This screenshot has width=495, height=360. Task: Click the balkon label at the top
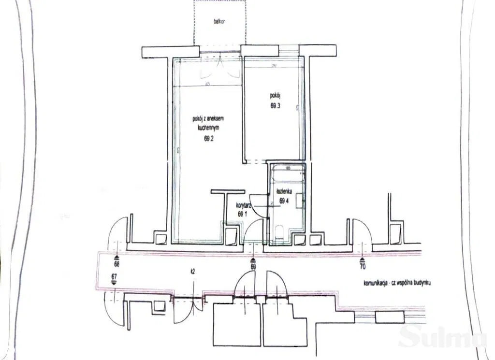[x=220, y=22]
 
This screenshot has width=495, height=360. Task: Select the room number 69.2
[x=209, y=138]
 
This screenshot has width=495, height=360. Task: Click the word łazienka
[x=284, y=191]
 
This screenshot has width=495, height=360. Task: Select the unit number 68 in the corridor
[x=116, y=264]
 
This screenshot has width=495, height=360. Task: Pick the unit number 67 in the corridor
[x=114, y=276]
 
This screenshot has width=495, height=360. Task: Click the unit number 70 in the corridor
[x=363, y=265]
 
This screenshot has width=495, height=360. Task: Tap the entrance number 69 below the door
[x=253, y=265]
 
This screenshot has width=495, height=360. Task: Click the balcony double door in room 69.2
[x=220, y=68]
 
